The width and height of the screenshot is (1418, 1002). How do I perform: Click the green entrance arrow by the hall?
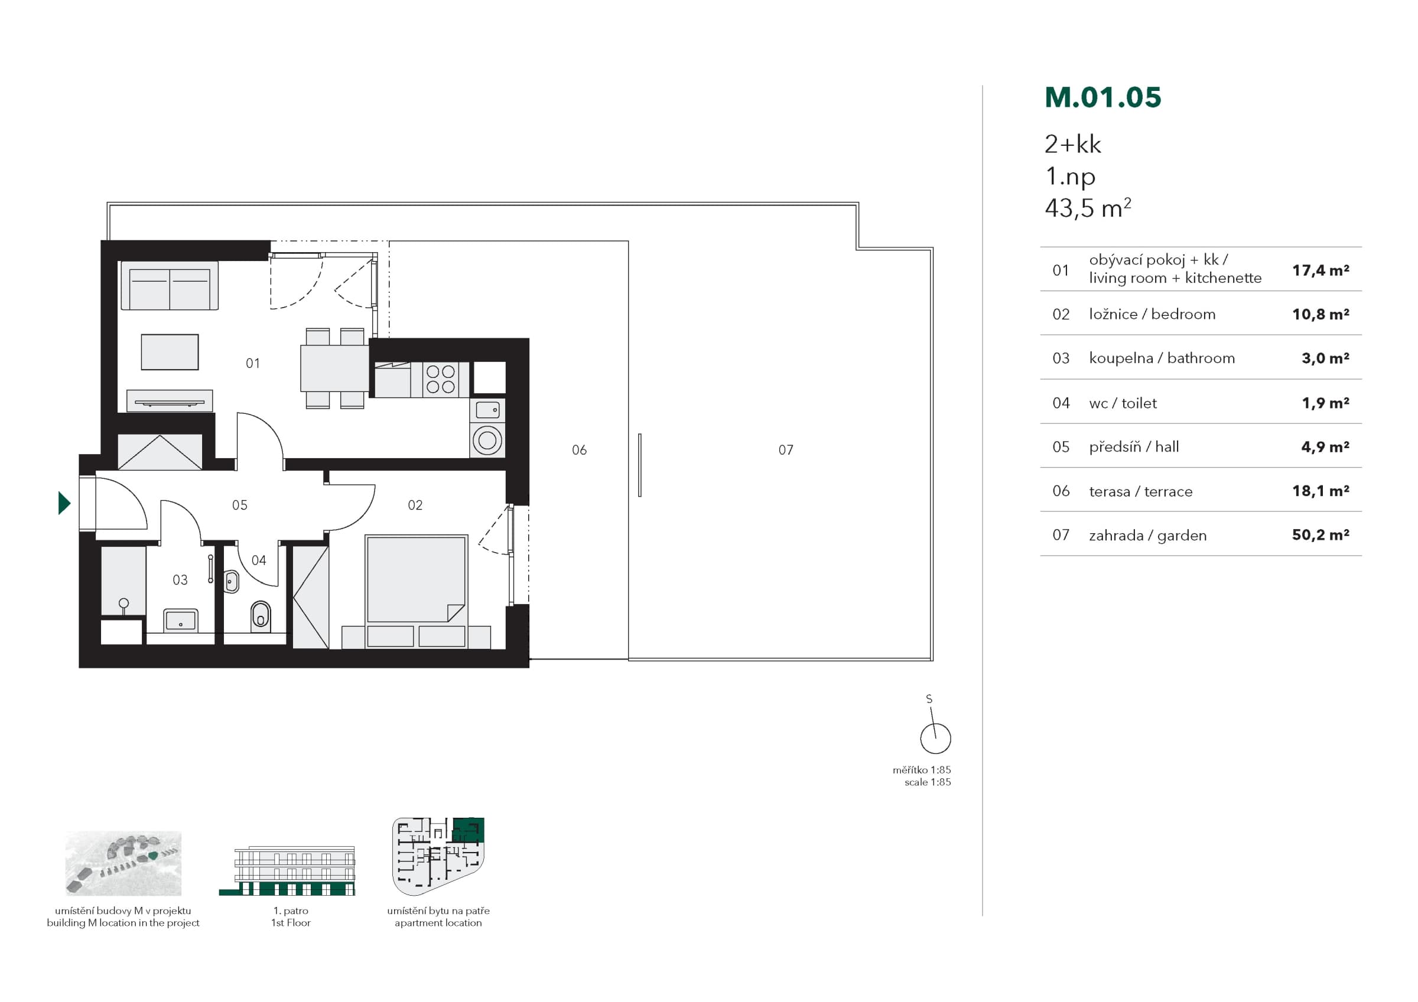click(64, 503)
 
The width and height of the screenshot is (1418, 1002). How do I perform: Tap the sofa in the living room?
click(169, 285)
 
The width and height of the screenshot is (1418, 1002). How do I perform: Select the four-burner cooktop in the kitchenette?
click(440, 379)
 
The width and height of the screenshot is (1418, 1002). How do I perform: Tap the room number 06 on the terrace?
click(579, 450)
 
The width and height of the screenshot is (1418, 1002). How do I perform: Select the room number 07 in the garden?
click(786, 450)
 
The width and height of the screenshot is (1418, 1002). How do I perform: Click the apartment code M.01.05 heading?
click(1103, 97)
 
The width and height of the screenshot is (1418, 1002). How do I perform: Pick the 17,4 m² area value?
click(1321, 270)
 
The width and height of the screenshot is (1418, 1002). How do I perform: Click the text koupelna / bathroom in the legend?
click(1162, 358)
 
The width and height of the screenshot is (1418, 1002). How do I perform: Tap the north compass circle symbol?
click(935, 739)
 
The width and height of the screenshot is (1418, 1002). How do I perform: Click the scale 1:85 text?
click(928, 782)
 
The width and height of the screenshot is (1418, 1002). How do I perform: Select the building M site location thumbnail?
click(123, 863)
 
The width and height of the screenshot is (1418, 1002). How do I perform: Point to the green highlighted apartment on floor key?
click(469, 829)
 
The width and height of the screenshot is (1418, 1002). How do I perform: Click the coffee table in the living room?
click(170, 352)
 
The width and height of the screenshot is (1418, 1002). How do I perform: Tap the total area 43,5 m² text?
click(1088, 208)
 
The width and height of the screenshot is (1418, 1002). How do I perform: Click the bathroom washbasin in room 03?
click(180, 620)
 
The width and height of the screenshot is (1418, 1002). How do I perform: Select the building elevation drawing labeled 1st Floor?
click(288, 870)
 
